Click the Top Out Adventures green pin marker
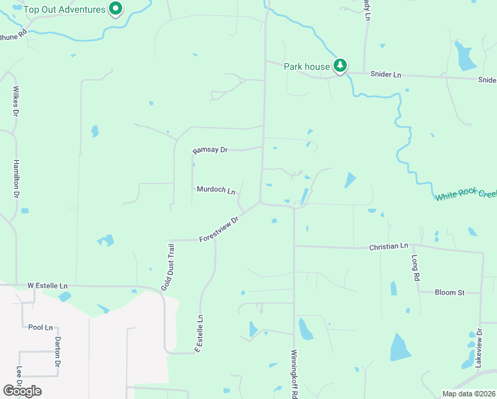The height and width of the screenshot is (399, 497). (x=116, y=9)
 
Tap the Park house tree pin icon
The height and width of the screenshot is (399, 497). (x=340, y=65)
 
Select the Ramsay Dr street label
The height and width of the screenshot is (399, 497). (x=210, y=150)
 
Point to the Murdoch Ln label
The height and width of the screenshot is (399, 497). (x=216, y=190)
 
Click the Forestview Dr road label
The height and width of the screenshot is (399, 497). (x=219, y=229)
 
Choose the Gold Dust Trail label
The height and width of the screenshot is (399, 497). (x=167, y=267)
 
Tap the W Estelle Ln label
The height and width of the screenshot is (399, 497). (x=47, y=285)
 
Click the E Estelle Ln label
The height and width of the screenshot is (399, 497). (x=199, y=334)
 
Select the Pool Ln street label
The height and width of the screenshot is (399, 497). (x=41, y=328)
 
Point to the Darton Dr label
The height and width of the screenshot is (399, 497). (x=58, y=352)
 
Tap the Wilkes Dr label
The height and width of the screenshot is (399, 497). (x=15, y=100)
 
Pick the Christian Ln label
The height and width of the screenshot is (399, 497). (x=389, y=247)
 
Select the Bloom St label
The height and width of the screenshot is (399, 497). (x=448, y=292)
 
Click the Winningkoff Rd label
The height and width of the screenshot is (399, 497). (x=294, y=374)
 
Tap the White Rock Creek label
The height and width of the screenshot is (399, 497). (x=466, y=196)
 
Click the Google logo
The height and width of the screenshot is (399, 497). (x=23, y=390)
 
